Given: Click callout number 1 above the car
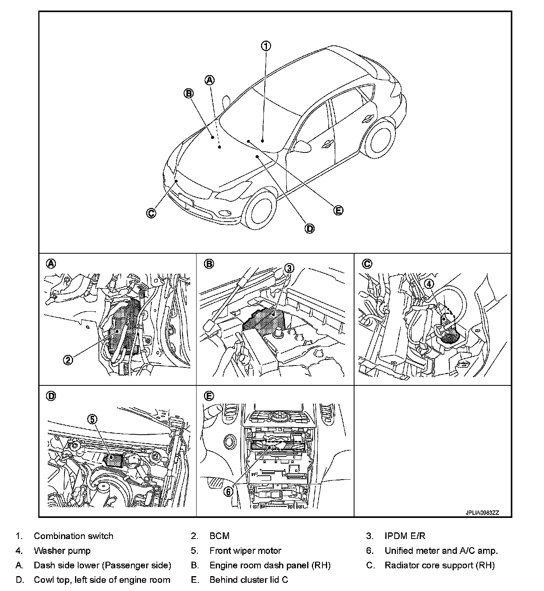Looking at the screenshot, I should point(266,46).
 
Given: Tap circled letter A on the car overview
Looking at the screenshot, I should point(210,80).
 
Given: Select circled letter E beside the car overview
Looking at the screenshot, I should point(338,210).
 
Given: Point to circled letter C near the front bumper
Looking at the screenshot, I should point(151,213).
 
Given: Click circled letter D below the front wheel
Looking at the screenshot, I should point(310,228).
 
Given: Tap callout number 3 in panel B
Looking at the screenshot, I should point(289,268).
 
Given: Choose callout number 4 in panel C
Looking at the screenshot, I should point(429,284).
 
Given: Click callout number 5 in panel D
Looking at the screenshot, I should point(92,419).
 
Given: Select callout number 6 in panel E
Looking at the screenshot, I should point(228,491).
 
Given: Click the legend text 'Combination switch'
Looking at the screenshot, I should point(73,536).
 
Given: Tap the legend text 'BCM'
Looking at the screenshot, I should point(219,536).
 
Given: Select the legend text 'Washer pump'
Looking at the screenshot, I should point(62,551).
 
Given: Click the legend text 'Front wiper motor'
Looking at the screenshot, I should point(245,551).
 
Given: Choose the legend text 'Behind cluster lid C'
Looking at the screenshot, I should point(249,580).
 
